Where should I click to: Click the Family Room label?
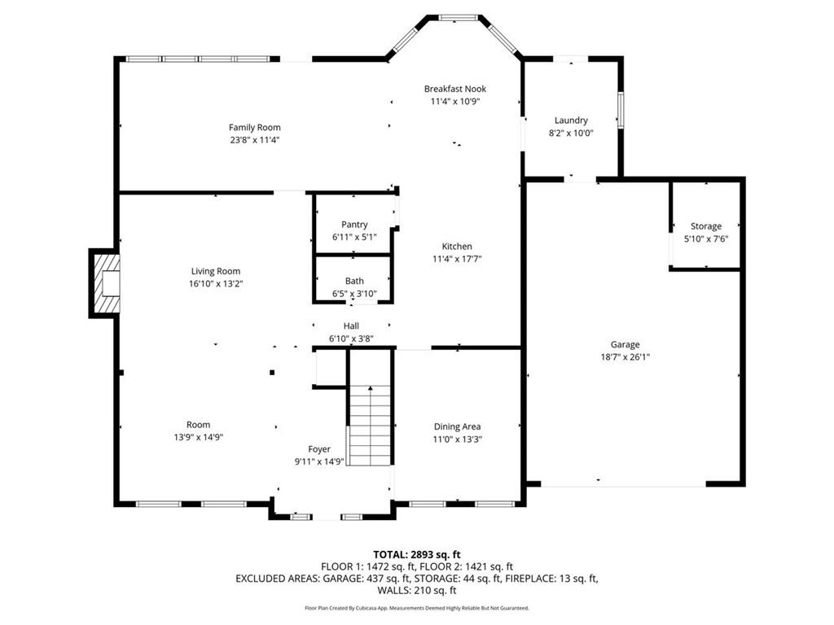point(255,128)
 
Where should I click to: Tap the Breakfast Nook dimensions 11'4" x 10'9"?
point(455,102)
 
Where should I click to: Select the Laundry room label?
point(571,120)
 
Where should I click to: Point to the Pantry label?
point(354,225)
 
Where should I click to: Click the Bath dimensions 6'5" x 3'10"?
point(354,294)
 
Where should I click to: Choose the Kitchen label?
point(457,247)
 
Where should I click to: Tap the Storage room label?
point(706,226)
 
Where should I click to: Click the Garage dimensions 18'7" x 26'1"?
point(625,358)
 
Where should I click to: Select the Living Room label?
point(215,272)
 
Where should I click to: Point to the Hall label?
point(351,326)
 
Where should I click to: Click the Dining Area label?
point(457,426)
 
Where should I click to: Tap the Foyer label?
point(319,449)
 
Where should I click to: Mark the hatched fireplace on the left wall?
point(105,283)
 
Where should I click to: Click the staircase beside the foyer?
point(370,425)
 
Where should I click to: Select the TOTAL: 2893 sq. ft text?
point(417,555)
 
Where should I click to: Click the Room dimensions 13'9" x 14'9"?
point(199,437)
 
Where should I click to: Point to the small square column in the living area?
point(272,373)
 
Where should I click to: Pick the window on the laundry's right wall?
point(620,110)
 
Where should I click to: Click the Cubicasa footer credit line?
point(417,608)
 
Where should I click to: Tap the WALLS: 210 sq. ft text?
point(417,591)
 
